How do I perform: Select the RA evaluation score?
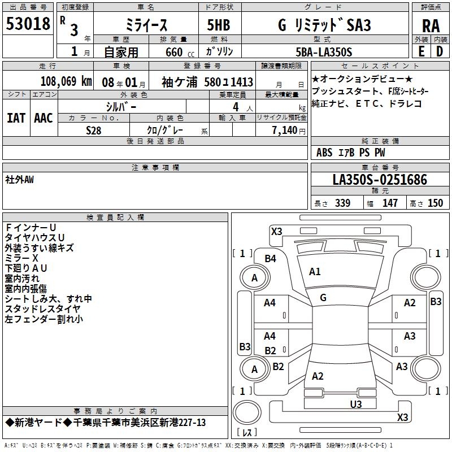click(x=431, y=26)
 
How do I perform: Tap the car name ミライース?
click(x=145, y=25)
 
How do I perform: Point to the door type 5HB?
click(x=215, y=25)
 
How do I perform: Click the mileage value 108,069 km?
click(x=66, y=82)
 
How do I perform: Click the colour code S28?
click(x=94, y=131)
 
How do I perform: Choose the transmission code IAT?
click(x=16, y=118)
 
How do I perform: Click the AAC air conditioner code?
click(x=44, y=118)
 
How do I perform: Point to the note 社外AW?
click(x=19, y=180)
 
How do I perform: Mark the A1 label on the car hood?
click(x=315, y=272)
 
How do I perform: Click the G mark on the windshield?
click(x=323, y=297)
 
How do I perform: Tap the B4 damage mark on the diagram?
click(x=271, y=258)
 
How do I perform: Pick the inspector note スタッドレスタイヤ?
click(x=42, y=308)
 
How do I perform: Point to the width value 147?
click(x=390, y=203)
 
